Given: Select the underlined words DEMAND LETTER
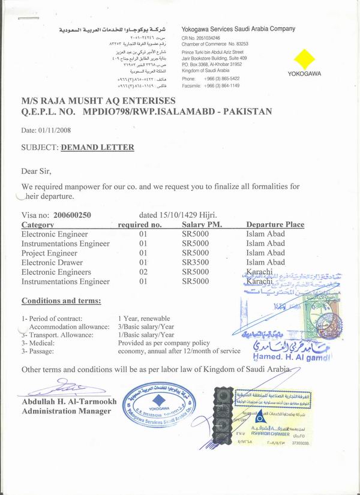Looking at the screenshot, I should (x=97, y=147).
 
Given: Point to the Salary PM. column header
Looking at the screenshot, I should (x=201, y=224).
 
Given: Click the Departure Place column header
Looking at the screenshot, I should (x=275, y=224).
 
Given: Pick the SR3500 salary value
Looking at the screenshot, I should (x=195, y=262).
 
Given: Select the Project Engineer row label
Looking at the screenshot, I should (x=49, y=253).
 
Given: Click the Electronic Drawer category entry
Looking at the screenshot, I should (x=52, y=262).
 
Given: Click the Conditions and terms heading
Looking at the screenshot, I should (x=61, y=301).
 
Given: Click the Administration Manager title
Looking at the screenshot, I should (x=67, y=411).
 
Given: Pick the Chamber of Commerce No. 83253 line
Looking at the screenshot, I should (x=214, y=44).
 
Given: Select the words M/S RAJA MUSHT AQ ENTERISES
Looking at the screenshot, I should (x=98, y=101).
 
